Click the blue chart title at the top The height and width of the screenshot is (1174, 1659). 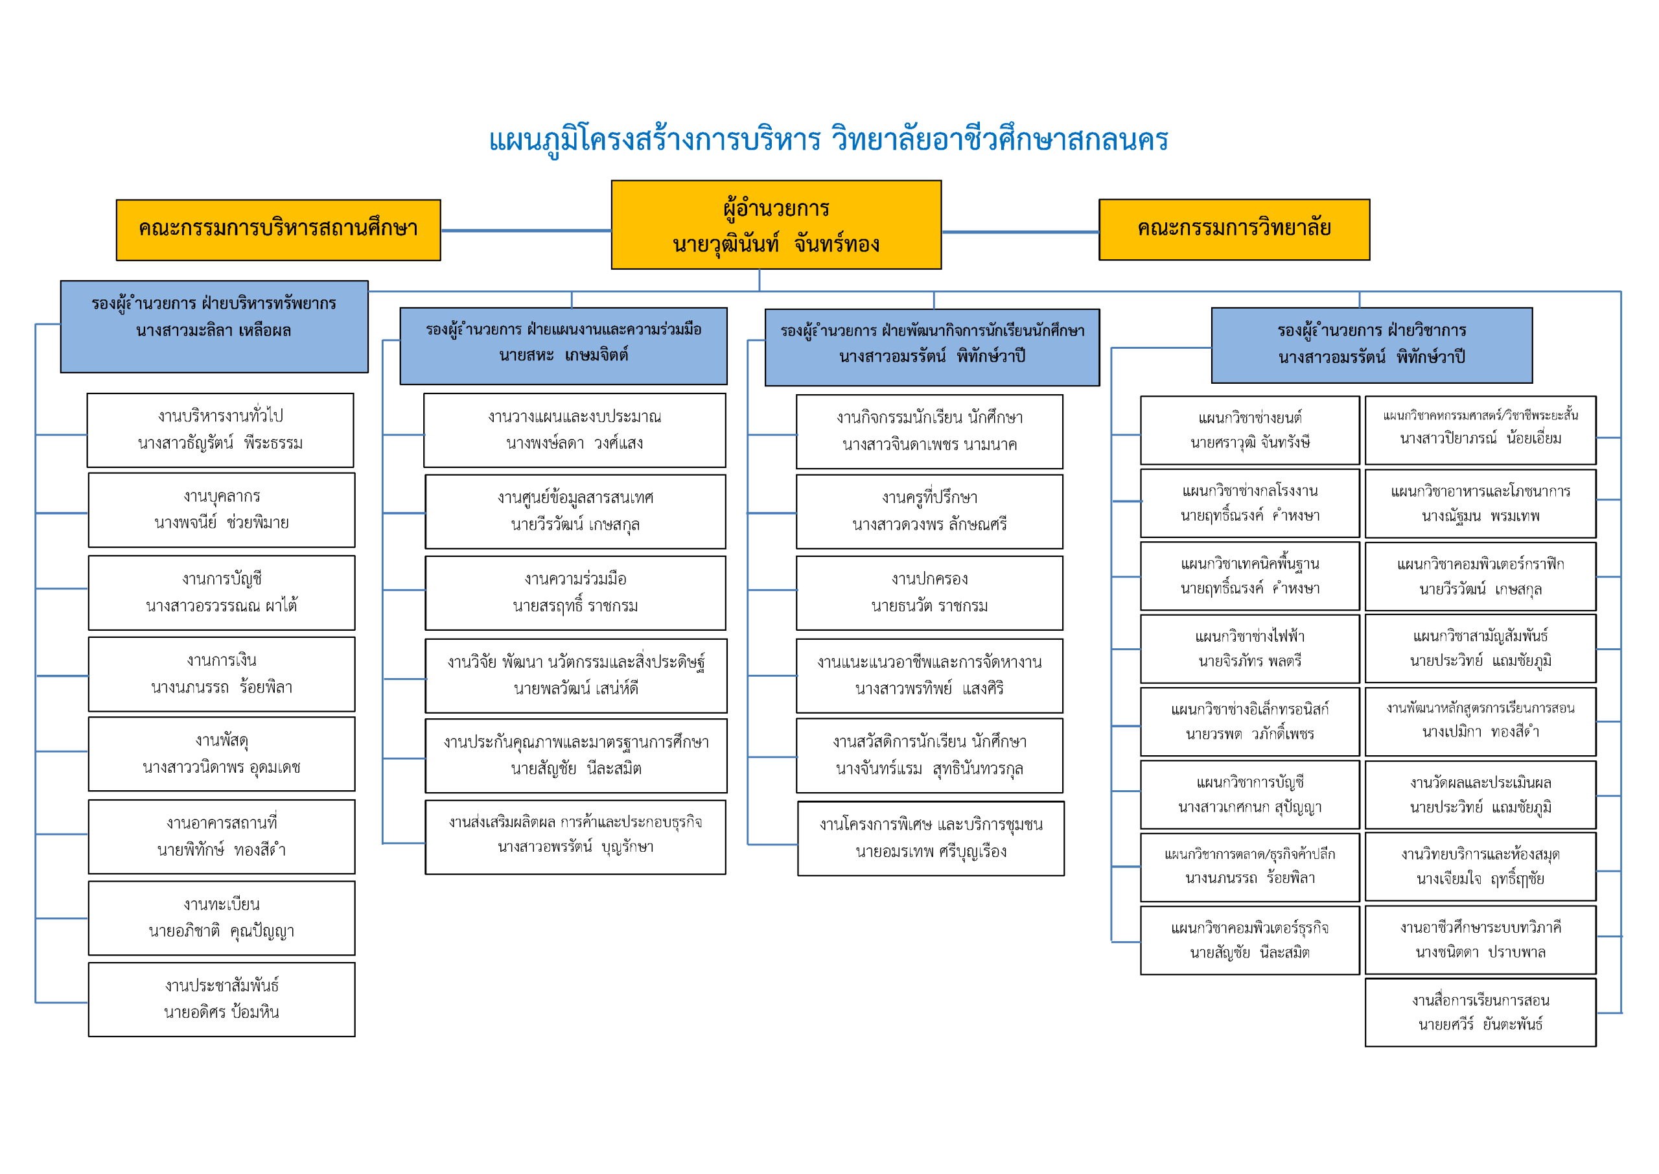click(828, 139)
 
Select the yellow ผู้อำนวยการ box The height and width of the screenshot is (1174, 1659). click(776, 225)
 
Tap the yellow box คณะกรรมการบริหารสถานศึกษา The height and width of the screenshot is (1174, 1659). click(278, 230)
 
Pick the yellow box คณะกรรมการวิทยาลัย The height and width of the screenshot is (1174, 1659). click(1233, 229)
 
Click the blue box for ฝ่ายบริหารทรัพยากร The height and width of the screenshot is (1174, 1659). click(214, 327)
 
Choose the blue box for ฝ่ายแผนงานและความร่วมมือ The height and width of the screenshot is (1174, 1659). click(563, 346)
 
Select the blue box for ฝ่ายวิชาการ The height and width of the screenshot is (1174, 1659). click(1371, 345)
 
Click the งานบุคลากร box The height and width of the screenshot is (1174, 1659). click(221, 510)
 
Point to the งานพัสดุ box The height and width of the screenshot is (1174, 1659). click(221, 753)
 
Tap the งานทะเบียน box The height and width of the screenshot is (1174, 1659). click(221, 917)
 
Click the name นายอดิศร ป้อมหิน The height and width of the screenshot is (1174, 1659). click(221, 1012)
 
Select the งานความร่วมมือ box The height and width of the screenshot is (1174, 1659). click(575, 592)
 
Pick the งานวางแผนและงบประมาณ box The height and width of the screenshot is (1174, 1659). click(574, 430)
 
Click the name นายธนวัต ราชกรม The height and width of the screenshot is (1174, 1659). click(929, 605)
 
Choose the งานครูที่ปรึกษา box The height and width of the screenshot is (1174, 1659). click(929, 511)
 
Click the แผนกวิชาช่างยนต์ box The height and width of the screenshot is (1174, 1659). click(1249, 430)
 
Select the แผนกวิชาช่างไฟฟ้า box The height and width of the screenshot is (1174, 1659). click(1249, 648)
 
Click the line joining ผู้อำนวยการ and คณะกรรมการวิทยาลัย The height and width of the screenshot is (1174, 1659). click(1019, 232)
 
